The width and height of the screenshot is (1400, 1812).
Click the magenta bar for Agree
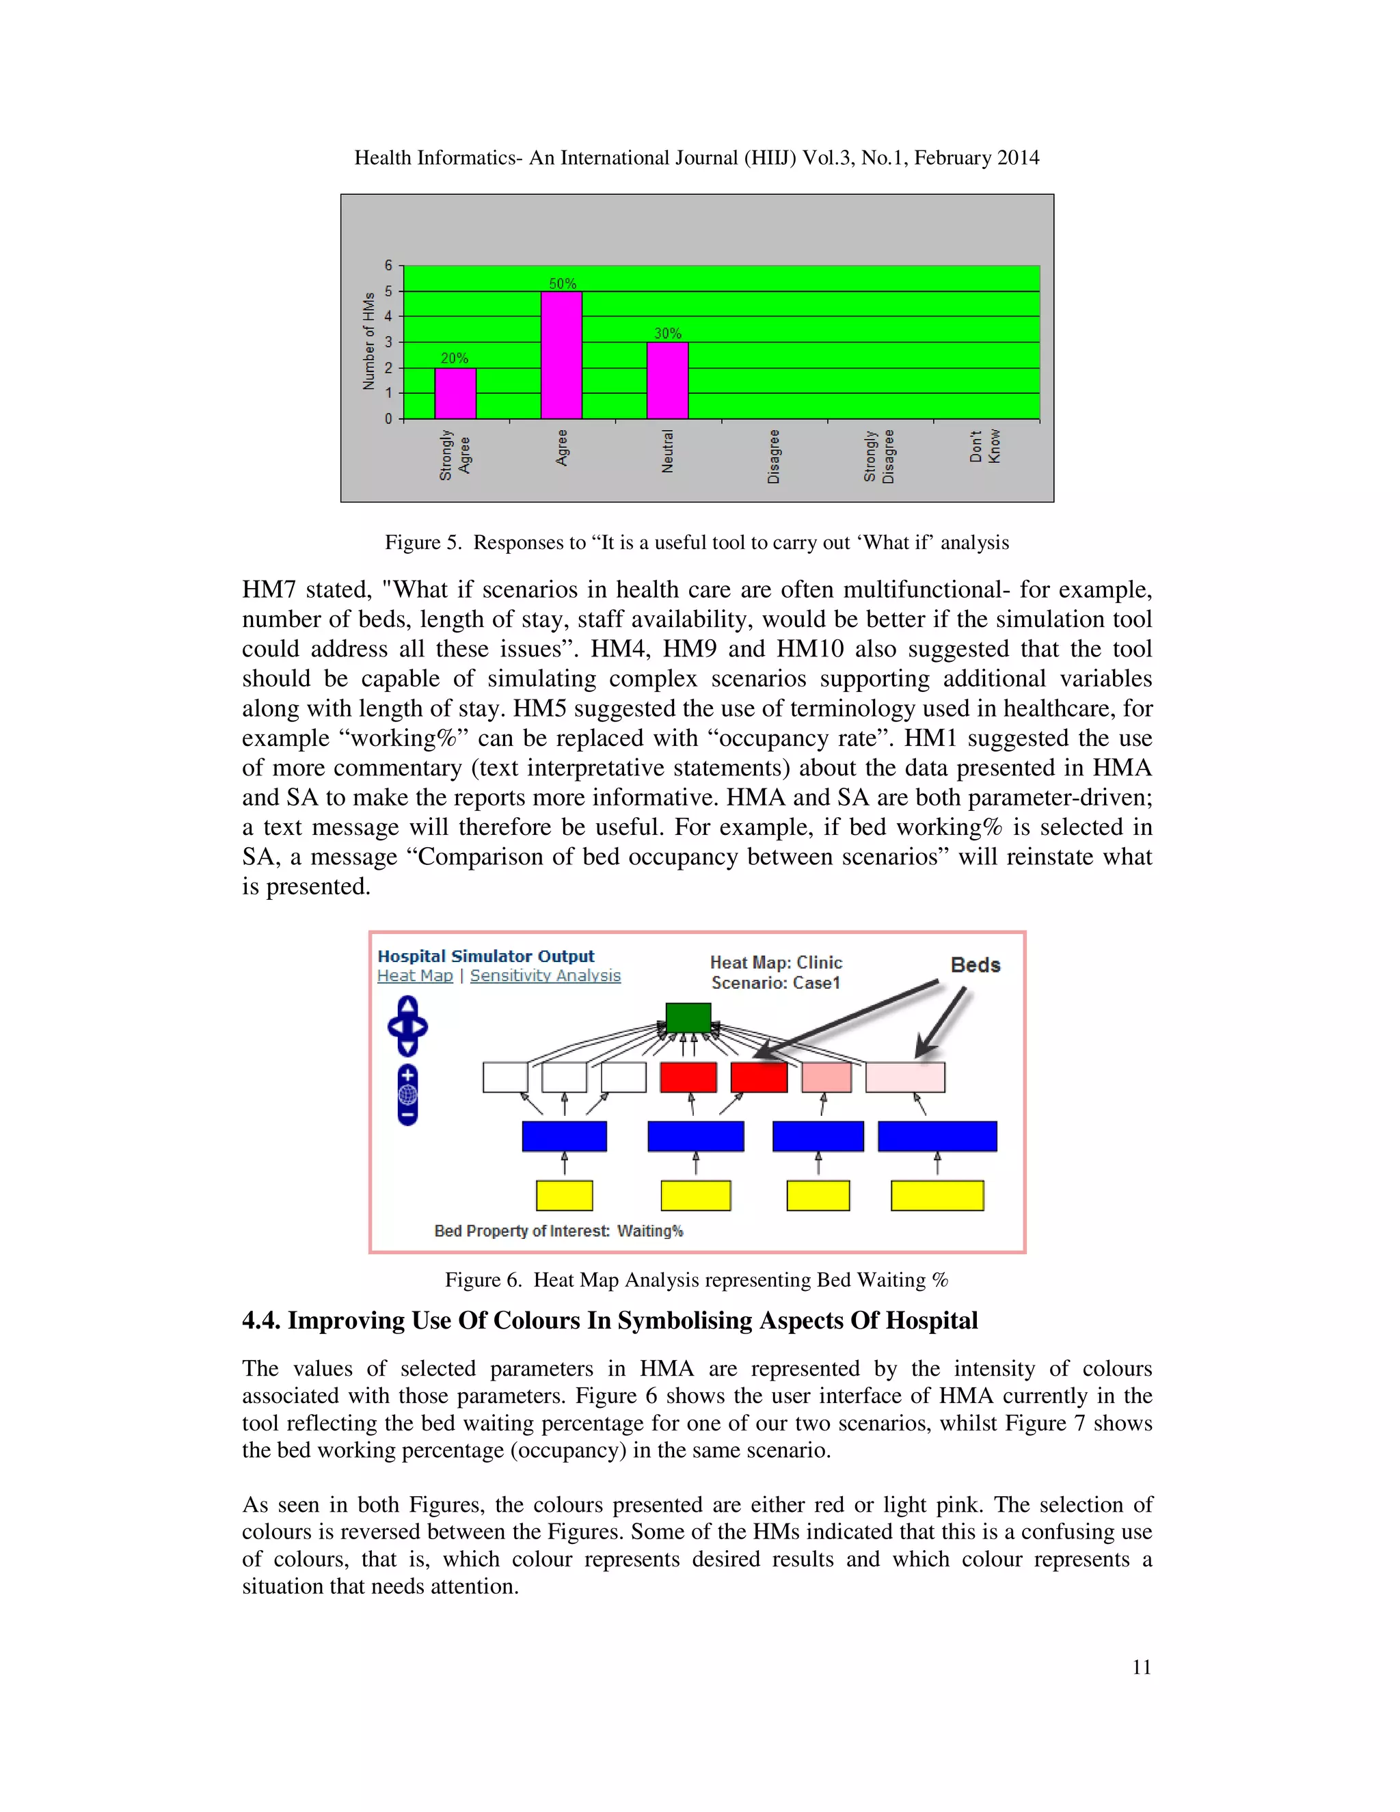(561, 355)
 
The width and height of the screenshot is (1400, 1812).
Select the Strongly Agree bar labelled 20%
(455, 393)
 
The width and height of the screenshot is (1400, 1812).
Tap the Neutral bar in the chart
(668, 381)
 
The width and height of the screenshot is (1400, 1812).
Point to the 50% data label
(563, 284)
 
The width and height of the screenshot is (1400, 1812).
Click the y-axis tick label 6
(388, 265)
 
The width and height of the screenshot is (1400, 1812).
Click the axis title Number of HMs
(368, 341)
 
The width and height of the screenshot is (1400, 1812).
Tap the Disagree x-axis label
(774, 456)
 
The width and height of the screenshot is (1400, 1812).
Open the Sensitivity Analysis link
(545, 976)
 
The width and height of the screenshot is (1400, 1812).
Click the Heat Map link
(415, 976)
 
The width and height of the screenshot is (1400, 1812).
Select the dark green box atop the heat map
(688, 1017)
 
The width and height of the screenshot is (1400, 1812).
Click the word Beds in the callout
(975, 965)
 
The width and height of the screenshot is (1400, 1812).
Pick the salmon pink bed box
(826, 1077)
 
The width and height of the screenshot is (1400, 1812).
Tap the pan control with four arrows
(407, 1027)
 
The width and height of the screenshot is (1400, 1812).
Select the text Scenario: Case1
(775, 983)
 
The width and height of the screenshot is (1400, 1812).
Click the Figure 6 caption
(696, 1279)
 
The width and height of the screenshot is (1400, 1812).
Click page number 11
(1141, 1668)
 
